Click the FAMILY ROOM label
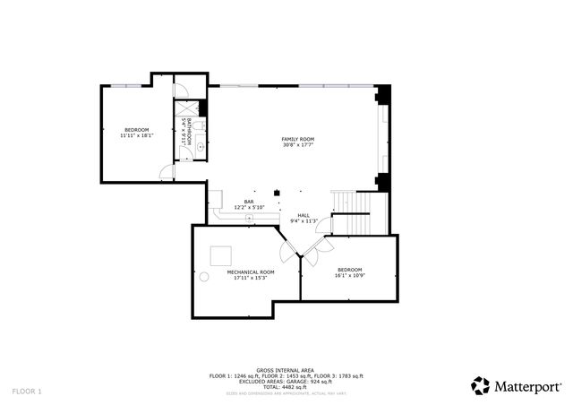pos(298,139)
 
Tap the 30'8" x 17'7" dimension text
pos(298,145)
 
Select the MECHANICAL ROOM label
pos(250,271)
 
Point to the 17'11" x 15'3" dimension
pos(250,278)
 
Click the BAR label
pos(249,202)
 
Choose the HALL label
pos(304,215)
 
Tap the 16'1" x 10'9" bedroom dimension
pos(349,276)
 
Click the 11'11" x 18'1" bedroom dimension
pos(136,136)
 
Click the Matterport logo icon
pos(480,385)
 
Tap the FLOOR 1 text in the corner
pos(27,392)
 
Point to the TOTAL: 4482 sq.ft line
pos(286,386)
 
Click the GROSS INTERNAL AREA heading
pos(286,370)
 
